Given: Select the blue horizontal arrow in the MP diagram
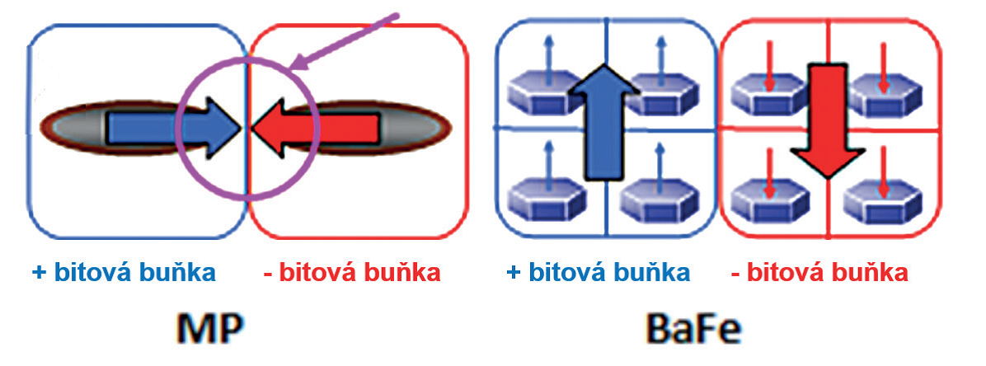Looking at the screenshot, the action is pos(174,128).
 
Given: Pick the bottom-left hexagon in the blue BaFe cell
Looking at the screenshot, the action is pos(545,199).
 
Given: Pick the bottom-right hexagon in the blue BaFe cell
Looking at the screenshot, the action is pos(657,199).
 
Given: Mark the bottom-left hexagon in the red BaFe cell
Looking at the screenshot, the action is pos(768,199).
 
